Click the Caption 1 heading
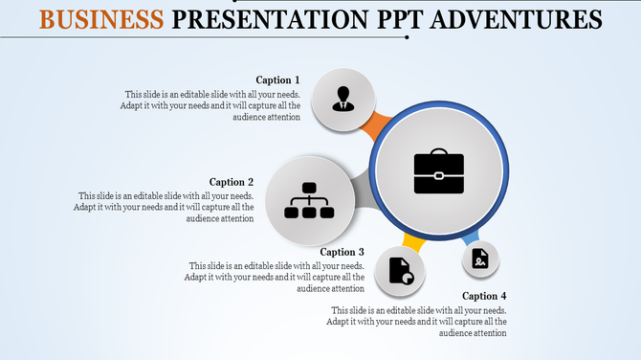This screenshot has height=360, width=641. (x=277, y=79)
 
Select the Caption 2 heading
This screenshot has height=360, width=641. (x=232, y=182)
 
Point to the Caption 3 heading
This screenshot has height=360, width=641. (x=343, y=252)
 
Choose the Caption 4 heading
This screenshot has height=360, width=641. (x=484, y=296)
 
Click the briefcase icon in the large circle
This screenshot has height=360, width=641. (x=438, y=170)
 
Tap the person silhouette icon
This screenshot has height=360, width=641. (x=343, y=98)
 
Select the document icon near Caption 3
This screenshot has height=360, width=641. (x=400, y=272)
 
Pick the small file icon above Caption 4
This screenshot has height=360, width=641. (x=480, y=258)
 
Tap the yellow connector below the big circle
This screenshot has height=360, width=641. (x=414, y=239)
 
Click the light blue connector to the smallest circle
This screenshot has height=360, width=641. (x=470, y=237)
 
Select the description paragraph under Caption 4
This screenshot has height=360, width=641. (x=418, y=322)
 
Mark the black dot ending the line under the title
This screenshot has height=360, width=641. (x=408, y=37)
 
